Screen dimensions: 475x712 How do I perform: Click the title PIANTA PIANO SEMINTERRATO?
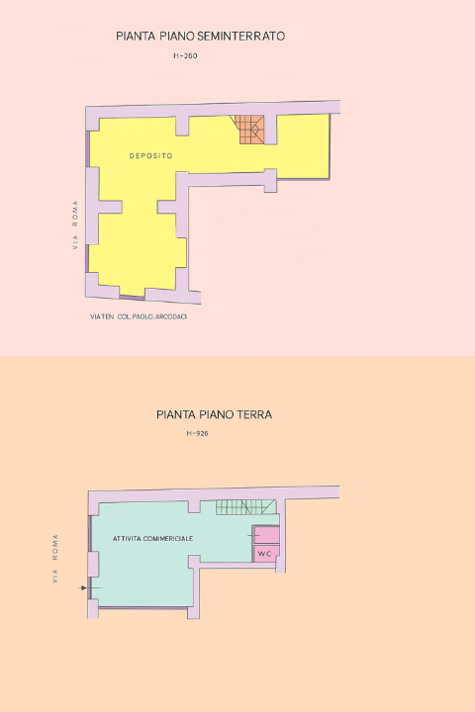click(201, 37)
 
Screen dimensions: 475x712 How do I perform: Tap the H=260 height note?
click(185, 55)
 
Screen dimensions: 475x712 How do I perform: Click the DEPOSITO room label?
click(150, 156)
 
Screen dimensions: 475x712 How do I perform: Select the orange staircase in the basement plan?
click(249, 130)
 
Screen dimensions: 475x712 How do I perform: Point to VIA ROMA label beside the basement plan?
click(75, 224)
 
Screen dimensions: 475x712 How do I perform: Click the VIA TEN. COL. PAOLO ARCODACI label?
click(139, 316)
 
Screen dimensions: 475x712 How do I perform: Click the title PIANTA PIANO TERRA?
click(214, 414)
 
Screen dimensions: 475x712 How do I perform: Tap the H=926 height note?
click(197, 433)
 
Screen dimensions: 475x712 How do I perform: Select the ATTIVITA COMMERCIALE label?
click(152, 539)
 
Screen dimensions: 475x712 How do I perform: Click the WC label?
click(264, 554)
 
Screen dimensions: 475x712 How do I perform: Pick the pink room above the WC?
click(266, 535)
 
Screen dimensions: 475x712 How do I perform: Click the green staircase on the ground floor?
click(245, 506)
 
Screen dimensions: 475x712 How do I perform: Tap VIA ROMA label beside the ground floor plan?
click(55, 559)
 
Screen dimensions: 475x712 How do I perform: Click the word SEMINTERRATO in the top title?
click(241, 37)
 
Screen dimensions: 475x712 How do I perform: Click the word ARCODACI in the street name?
click(171, 316)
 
